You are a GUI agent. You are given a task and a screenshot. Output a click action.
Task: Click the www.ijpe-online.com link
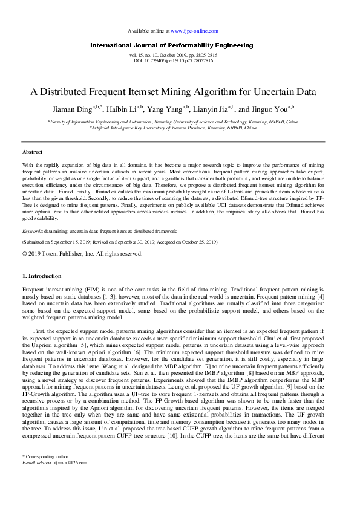click(x=194, y=30)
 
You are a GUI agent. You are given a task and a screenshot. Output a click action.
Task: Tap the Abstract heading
click(x=32, y=151)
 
